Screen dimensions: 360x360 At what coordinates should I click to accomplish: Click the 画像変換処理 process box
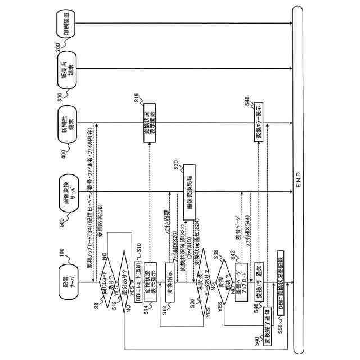coord(189,192)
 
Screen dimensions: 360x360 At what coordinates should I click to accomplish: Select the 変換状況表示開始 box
coord(150,122)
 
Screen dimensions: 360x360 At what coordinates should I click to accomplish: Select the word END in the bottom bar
coord(299,181)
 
